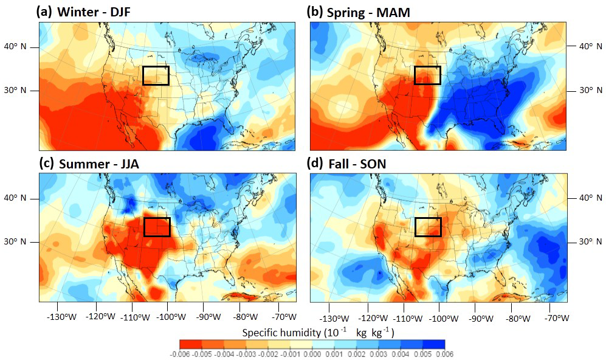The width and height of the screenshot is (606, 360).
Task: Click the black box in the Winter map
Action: [x=156, y=75]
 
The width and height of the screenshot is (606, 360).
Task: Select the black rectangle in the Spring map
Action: [x=427, y=75]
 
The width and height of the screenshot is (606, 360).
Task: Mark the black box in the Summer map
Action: [x=157, y=226]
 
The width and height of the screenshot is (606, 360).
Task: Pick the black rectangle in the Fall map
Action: [x=427, y=226]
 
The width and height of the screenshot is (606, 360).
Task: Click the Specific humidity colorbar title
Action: [x=318, y=333]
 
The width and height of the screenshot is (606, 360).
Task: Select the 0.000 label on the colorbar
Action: [x=312, y=354]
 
